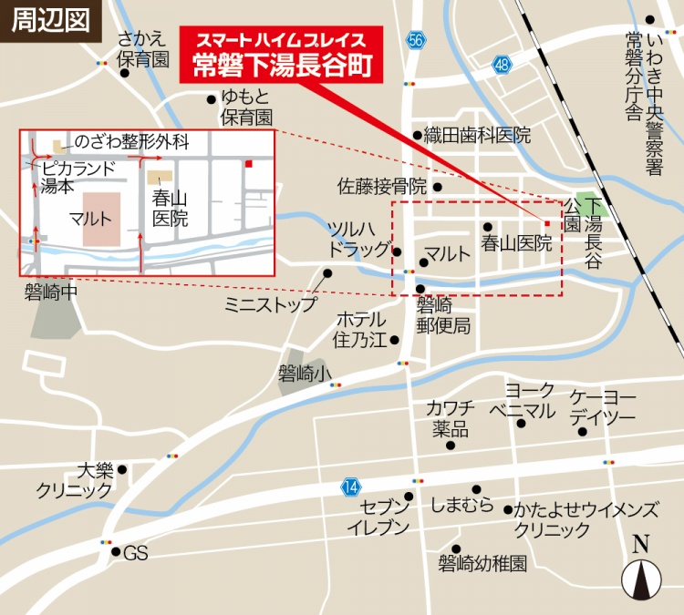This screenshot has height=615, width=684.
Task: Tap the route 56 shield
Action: [x=416, y=40]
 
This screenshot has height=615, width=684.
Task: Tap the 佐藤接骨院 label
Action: [x=382, y=187]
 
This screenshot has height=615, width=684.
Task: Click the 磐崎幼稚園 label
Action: [x=482, y=563]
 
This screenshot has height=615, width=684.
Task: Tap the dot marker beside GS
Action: [x=116, y=551]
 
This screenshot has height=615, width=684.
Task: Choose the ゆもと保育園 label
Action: [x=246, y=108]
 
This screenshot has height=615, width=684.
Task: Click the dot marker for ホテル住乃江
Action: [x=395, y=341]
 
